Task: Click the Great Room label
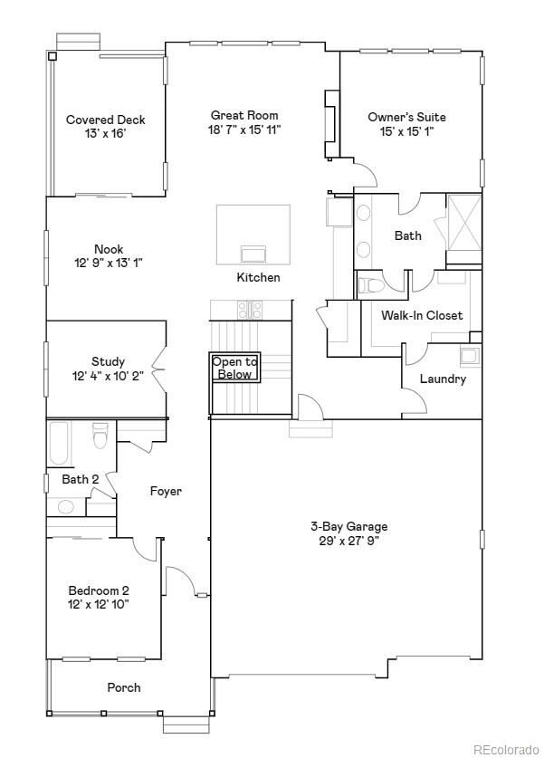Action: coord(244,115)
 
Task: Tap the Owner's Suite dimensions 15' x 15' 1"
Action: coord(406,131)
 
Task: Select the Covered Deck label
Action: coord(106,120)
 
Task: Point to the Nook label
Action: coord(109,249)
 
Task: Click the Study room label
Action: coord(108,361)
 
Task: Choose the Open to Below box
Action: coord(234,368)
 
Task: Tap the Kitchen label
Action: coord(258,277)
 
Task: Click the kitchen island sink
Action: coord(253,253)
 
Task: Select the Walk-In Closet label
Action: coord(421,315)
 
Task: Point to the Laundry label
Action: coord(443,379)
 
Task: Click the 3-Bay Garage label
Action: coord(348,526)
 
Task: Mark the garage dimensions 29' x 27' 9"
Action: coord(348,541)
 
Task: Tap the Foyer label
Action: coord(166,491)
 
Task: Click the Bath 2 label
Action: coord(80,478)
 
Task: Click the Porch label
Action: coord(124,687)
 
